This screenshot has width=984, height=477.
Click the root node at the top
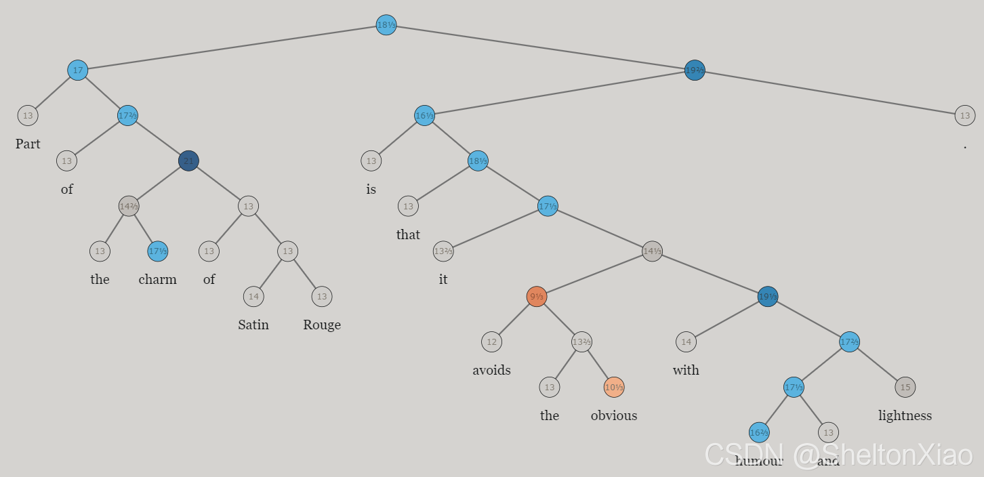point(386,25)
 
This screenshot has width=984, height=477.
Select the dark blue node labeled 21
point(188,161)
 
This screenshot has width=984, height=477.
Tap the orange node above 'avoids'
point(536,296)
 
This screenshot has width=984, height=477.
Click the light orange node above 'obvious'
point(614,387)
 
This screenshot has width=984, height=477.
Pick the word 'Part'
point(28,144)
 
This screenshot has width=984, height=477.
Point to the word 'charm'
point(157,279)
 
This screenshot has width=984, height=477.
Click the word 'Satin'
point(253,325)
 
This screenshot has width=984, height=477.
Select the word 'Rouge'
point(322,325)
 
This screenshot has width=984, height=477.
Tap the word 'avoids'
point(491,370)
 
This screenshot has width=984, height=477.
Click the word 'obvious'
point(614,415)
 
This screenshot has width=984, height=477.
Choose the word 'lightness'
point(905,415)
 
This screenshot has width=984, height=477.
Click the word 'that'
point(408,234)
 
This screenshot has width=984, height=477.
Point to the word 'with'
point(686,370)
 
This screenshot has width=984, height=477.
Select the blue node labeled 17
point(78,70)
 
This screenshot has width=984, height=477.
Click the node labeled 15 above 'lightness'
point(905,387)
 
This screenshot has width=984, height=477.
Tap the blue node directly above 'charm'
point(158,251)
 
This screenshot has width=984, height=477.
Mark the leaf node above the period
point(965,115)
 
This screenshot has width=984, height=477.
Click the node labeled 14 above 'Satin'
point(253,296)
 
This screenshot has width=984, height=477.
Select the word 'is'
point(371,189)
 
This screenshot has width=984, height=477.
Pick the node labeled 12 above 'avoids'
point(491,341)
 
